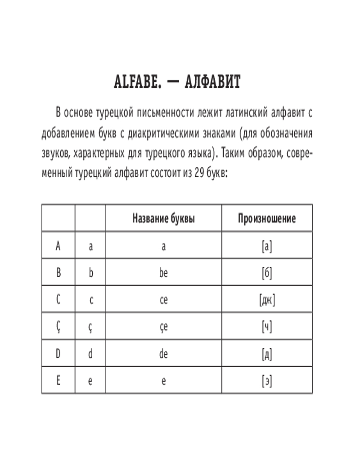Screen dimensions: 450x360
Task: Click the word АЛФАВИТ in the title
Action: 214,83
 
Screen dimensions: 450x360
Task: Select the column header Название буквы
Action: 163,219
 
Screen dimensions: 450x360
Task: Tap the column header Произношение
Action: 267,219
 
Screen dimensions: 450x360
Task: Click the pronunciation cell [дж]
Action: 267,300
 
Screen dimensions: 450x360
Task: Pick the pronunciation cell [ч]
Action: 267,327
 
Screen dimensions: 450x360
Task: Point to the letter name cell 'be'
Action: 163,273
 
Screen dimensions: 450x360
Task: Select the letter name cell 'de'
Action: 163,354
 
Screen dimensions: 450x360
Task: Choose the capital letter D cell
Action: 58,354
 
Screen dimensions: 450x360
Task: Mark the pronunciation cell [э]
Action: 267,381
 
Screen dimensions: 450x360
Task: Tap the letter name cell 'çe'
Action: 163,328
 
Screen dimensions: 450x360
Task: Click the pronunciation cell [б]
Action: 267,273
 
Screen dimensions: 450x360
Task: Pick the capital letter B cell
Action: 58,273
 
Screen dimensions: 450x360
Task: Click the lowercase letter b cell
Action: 90,273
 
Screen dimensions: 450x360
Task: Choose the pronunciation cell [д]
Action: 267,354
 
